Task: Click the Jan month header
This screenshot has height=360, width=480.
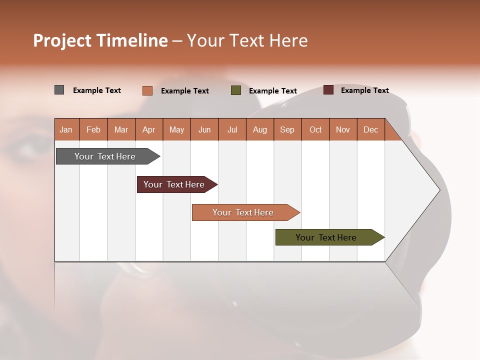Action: tap(66, 129)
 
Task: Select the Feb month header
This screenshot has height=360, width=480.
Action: tap(93, 129)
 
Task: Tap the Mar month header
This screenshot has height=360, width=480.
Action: tap(121, 129)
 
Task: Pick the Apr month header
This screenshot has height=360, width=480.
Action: tap(149, 129)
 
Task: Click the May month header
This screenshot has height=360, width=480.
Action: tap(176, 129)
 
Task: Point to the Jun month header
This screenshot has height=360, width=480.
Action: tap(204, 129)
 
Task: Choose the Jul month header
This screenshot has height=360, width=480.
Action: tap(232, 129)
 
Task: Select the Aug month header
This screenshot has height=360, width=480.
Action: tap(260, 129)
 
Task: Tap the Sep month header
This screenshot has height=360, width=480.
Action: tap(287, 129)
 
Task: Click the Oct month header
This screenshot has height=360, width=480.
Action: tap(315, 129)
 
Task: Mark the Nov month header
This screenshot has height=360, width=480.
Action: tap(343, 129)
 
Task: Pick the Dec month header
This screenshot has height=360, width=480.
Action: tap(371, 129)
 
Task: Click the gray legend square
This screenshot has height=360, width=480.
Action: tap(59, 90)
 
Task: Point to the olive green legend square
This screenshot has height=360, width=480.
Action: tap(236, 90)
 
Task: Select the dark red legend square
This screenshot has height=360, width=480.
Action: tap(328, 90)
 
